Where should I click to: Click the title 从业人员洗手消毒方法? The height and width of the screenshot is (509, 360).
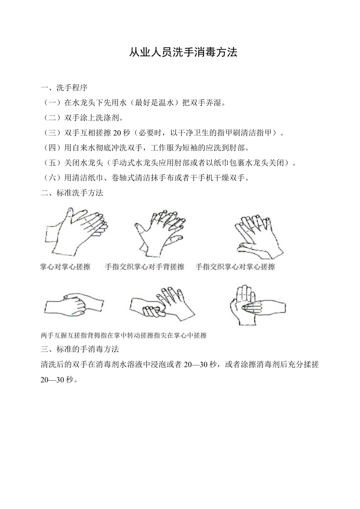183,53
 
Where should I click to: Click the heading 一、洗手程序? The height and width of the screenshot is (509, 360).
64,87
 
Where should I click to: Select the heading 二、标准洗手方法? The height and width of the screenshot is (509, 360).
72,193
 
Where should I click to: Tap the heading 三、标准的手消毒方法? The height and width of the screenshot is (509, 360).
80,348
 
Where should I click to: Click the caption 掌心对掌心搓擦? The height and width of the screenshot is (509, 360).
65,267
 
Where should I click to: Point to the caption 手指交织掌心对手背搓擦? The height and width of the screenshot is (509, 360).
144,267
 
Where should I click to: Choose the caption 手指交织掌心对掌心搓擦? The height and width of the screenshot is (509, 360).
235,267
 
